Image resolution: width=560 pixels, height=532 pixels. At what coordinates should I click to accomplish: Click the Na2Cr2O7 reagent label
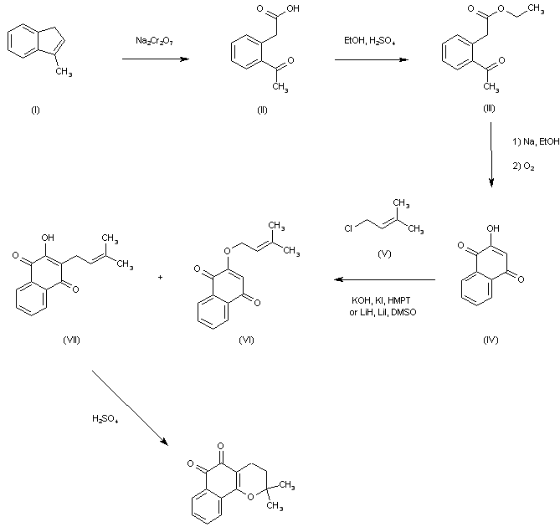tap(154, 41)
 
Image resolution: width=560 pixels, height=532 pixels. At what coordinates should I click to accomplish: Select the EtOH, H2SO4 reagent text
tap(370, 41)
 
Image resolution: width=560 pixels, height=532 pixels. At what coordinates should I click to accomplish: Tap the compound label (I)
tap(35, 110)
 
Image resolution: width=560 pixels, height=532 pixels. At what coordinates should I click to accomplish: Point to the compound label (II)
tap(262, 110)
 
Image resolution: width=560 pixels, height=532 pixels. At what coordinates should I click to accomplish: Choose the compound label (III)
tap(489, 109)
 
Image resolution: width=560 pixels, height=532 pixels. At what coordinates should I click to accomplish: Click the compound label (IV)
tap(491, 340)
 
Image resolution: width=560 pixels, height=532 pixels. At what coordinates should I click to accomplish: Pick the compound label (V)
tap(384, 254)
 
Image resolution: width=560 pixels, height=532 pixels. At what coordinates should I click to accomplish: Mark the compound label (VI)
tap(246, 340)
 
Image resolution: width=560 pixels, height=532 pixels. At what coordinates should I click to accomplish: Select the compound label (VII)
tap(71, 340)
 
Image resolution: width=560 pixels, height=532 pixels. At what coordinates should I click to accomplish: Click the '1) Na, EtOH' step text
tap(536, 141)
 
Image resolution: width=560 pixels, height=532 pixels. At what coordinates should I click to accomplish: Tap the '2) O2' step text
tap(523, 166)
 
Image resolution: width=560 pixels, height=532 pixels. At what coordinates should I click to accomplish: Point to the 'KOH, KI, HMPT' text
tap(381, 300)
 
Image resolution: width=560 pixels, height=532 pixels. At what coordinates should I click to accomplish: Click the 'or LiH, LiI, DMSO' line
tap(383, 312)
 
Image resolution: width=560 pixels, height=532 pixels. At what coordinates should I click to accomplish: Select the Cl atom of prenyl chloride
tap(348, 228)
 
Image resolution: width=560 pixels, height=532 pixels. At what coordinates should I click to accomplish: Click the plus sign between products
tap(161, 277)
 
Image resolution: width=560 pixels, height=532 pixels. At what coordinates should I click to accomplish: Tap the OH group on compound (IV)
tap(493, 228)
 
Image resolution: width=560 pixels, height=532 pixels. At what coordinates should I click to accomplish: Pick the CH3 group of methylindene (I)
tap(64, 72)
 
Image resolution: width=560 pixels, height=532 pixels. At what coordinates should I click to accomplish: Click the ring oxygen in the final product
tap(250, 496)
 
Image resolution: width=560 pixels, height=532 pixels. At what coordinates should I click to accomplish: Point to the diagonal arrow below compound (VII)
tap(130, 408)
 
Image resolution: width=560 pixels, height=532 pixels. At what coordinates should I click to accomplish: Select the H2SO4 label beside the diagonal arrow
tap(105, 418)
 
